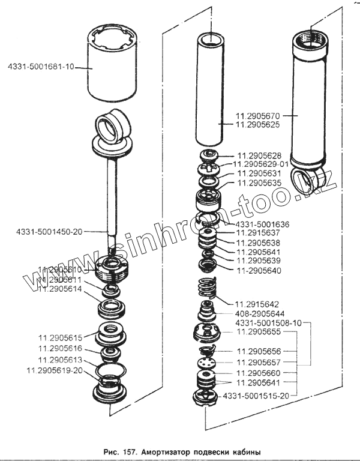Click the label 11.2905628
(x=262, y=155)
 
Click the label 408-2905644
(x=260, y=314)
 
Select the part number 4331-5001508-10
(x=269, y=323)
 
